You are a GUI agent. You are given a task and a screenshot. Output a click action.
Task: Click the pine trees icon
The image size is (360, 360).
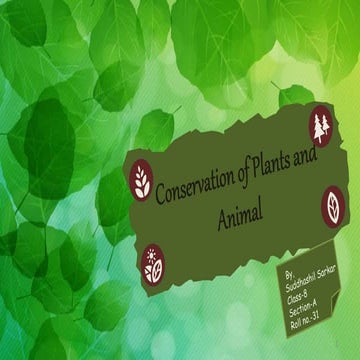[320, 126]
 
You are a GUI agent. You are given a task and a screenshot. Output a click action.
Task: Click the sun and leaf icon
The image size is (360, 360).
[153, 263]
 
